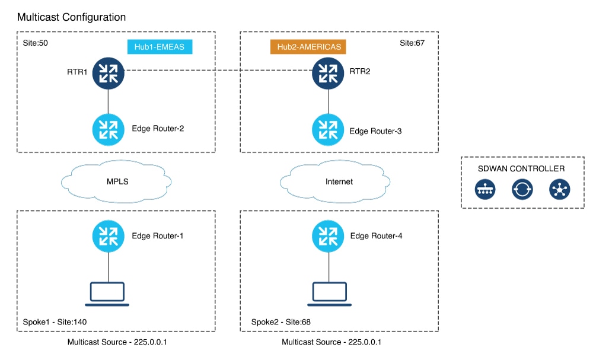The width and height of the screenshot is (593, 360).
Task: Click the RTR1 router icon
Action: coord(108,72)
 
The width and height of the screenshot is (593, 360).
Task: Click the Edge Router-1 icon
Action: coord(108,236)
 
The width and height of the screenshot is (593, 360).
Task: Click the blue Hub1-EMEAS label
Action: coord(160,47)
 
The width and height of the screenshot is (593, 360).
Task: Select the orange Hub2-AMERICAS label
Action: coord(308,47)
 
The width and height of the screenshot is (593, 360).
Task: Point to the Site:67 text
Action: coord(412,43)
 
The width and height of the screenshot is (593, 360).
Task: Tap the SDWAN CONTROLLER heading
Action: coord(521,168)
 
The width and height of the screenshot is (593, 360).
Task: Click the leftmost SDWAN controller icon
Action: coord(485,189)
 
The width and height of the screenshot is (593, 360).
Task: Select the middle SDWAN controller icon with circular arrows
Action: coord(522,189)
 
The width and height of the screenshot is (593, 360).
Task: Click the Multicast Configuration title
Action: coord(71,17)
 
